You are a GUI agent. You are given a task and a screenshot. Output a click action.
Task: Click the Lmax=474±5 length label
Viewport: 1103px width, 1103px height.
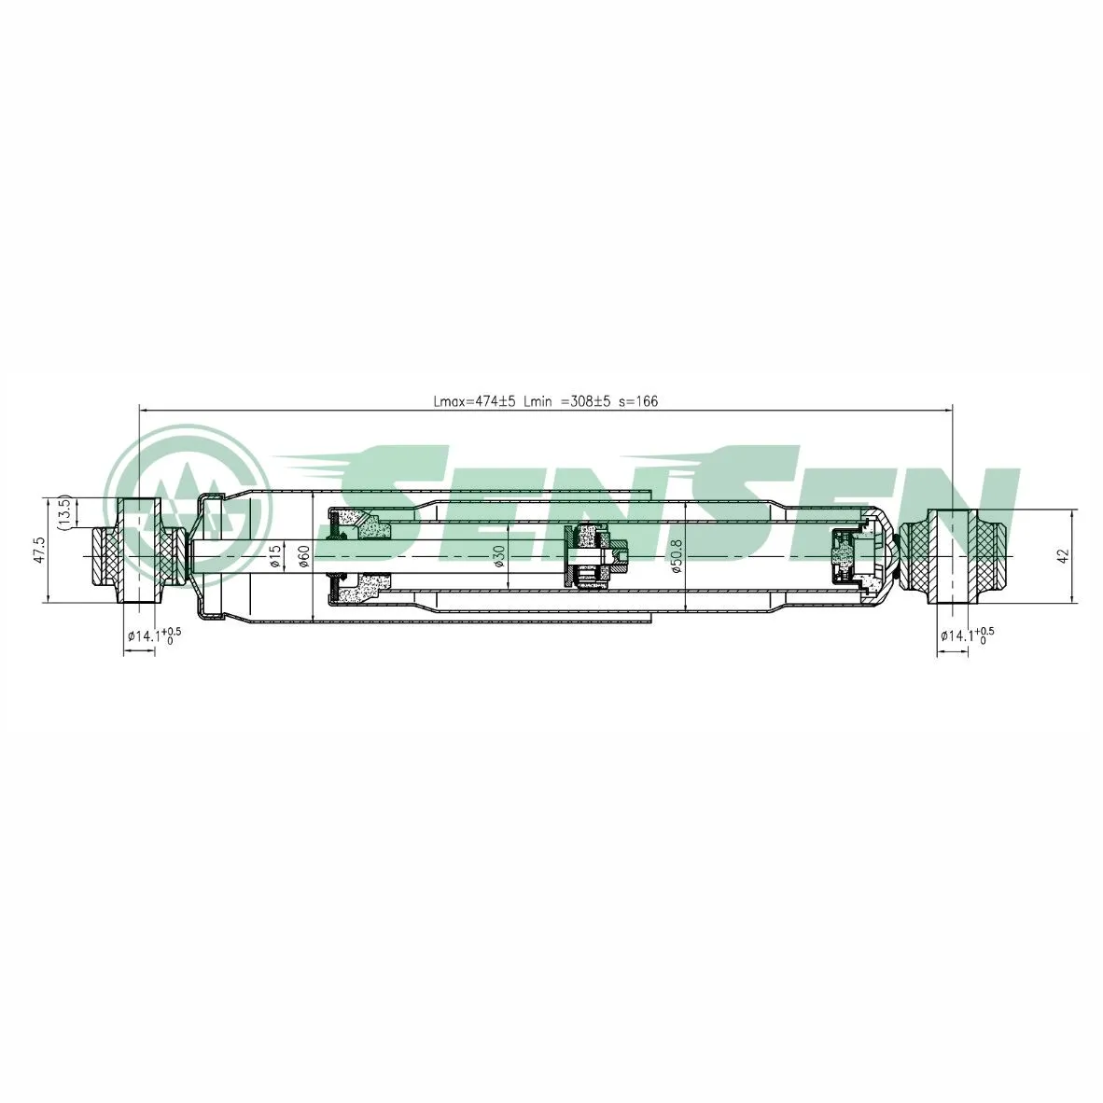(475, 401)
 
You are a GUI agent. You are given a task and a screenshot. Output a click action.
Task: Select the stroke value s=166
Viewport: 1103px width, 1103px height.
(638, 401)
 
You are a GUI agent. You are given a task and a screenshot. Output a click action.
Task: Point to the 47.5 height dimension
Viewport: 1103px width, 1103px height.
(39, 550)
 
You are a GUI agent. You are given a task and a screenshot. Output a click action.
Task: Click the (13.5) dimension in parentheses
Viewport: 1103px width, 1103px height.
(64, 512)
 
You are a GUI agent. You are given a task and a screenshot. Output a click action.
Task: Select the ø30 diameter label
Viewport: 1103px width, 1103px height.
(499, 555)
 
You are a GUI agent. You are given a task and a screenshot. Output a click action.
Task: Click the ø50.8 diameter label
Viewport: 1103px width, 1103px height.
(677, 555)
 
